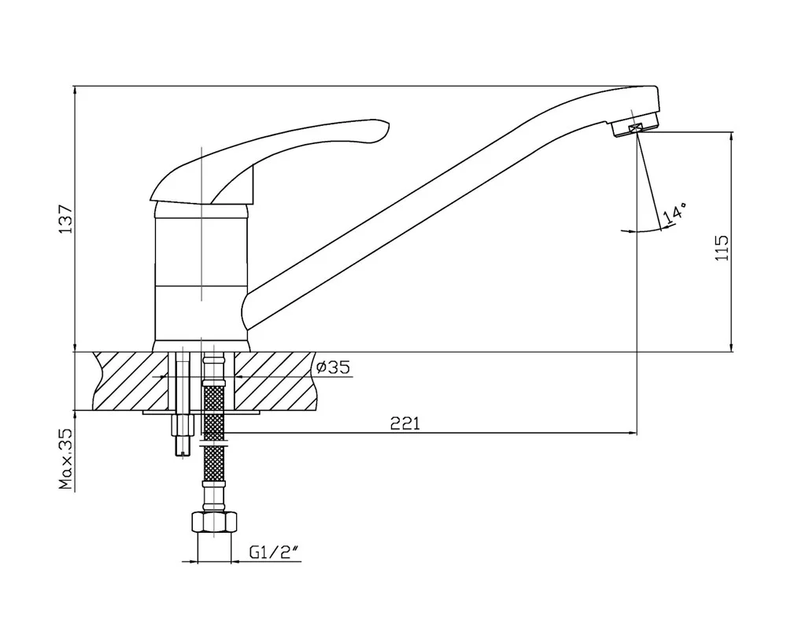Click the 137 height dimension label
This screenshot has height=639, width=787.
click(x=66, y=218)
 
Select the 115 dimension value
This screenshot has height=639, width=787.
click(x=722, y=247)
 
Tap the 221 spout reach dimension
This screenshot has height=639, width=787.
click(x=405, y=424)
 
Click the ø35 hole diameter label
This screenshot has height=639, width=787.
click(x=332, y=368)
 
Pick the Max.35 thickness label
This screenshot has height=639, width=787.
click(x=66, y=460)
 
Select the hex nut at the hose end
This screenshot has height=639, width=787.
click(x=214, y=523)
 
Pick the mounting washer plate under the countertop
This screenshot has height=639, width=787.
click(x=201, y=412)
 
